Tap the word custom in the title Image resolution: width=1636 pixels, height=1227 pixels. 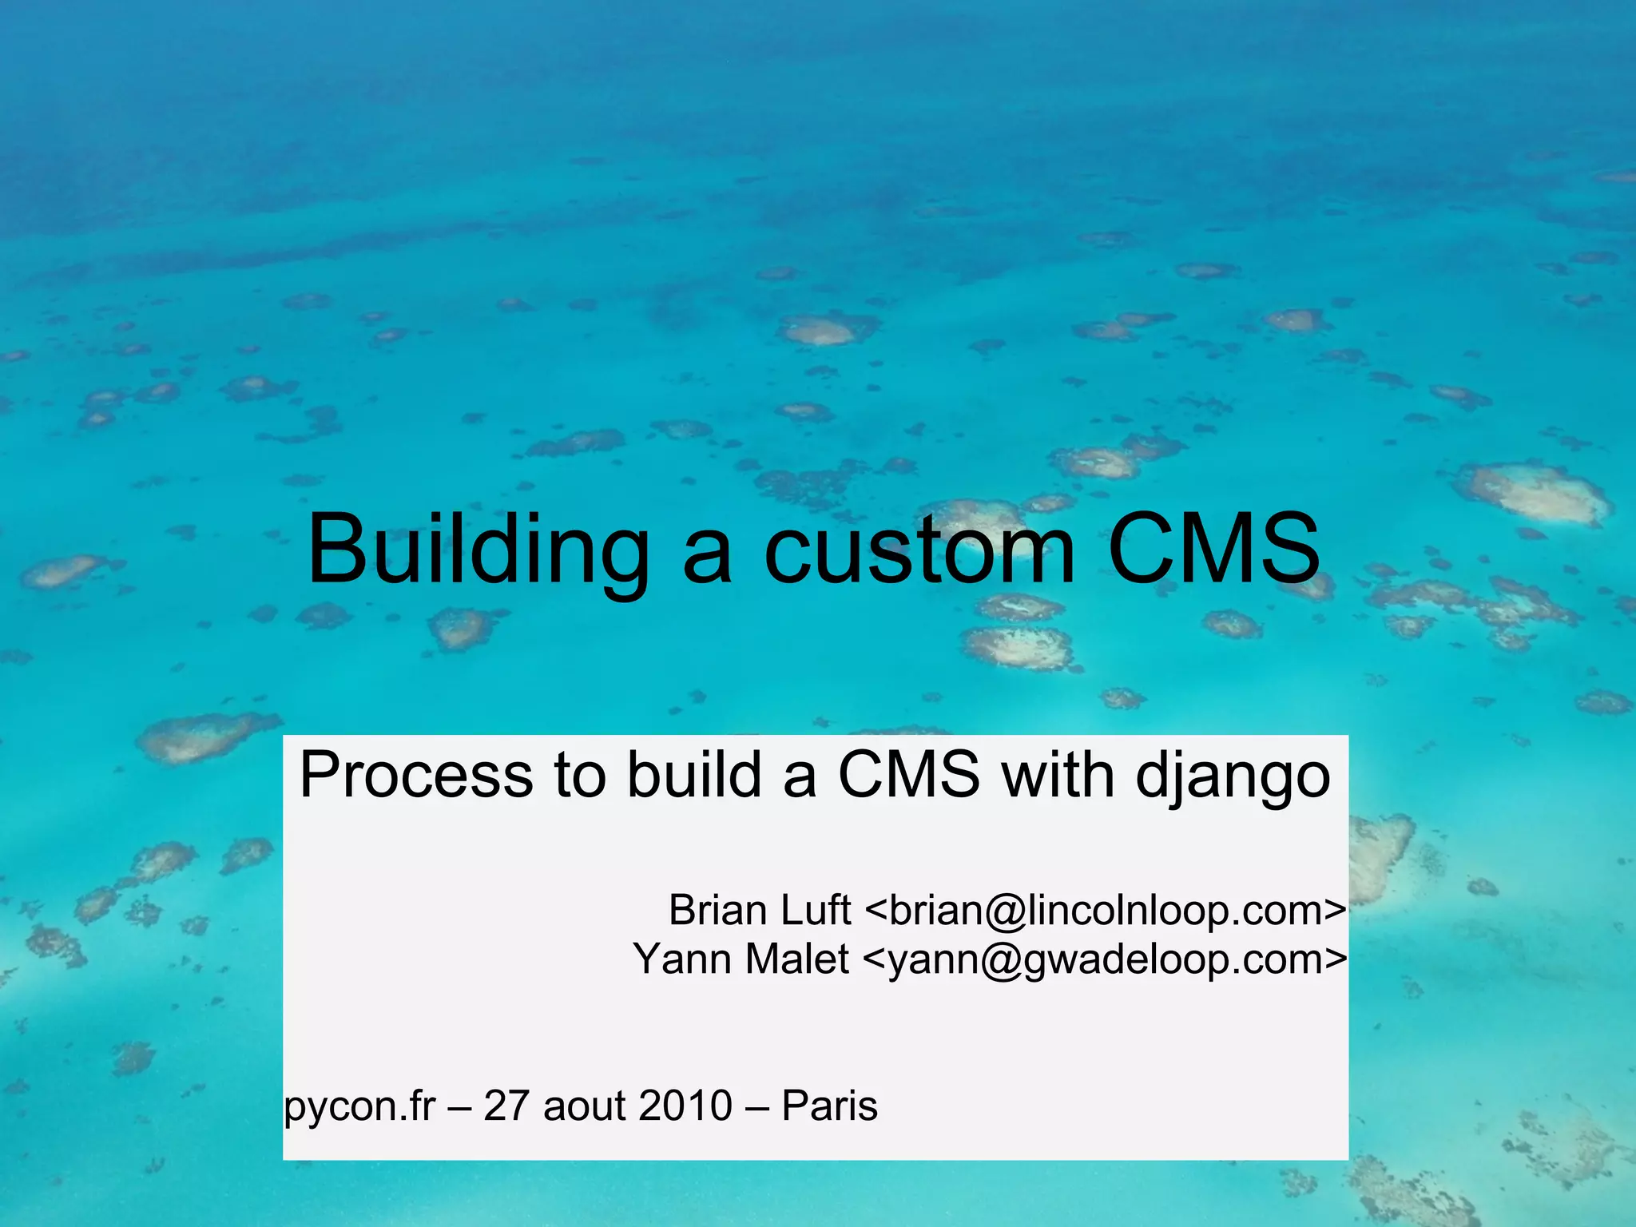[919, 551]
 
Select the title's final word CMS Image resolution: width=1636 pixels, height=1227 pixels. [1213, 550]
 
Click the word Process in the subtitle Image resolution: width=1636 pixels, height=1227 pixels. [416, 775]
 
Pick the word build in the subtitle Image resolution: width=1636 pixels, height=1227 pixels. [693, 775]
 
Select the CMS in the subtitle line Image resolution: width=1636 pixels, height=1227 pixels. [908, 775]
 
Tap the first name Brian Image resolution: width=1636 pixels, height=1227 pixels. [717, 910]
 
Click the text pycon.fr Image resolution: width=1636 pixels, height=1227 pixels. [360, 1107]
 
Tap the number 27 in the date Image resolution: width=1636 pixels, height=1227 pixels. [506, 1106]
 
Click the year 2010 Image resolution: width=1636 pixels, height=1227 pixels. [685, 1106]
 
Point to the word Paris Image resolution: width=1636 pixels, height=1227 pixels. [829, 1106]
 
